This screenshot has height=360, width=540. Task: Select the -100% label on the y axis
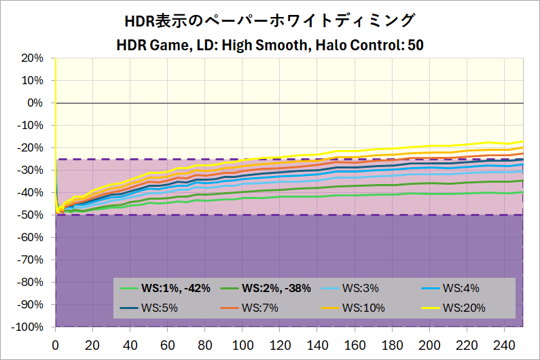[x=27, y=327]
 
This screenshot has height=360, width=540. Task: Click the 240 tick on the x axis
[x=504, y=344]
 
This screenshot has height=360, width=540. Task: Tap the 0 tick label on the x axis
[x=56, y=344]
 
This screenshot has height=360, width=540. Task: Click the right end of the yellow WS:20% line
[x=522, y=141]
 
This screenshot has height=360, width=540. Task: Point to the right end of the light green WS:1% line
[x=522, y=192]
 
